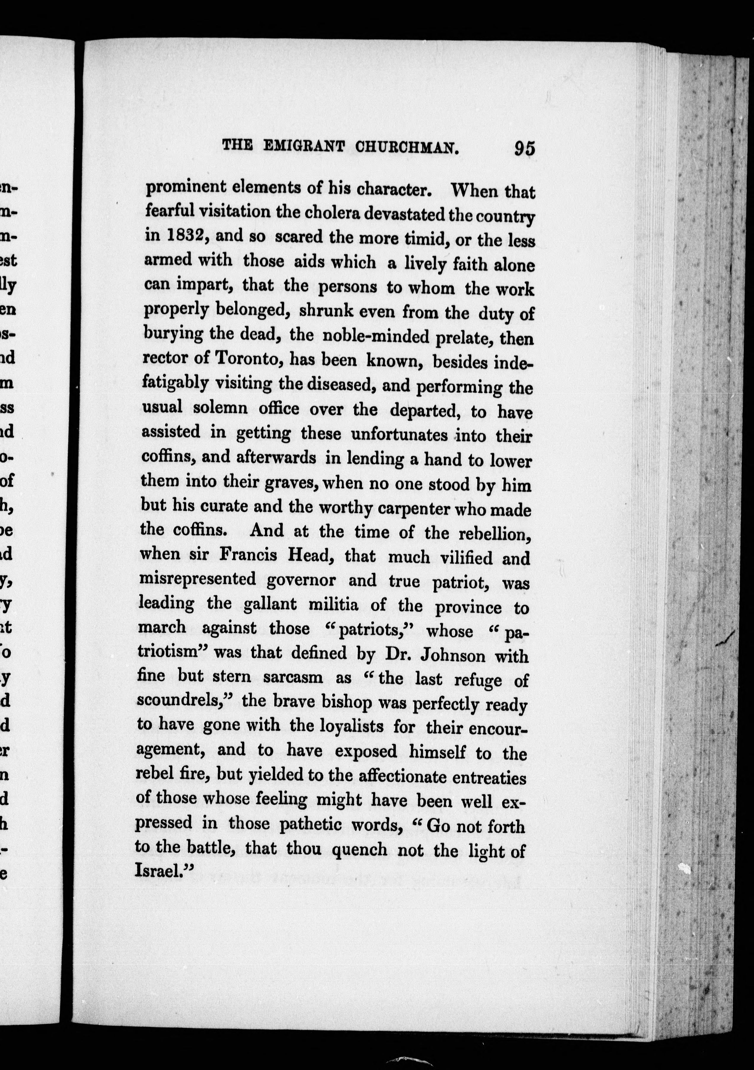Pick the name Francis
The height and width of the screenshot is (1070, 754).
coord(248,555)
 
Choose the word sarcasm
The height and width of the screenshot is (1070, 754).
coord(293,677)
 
